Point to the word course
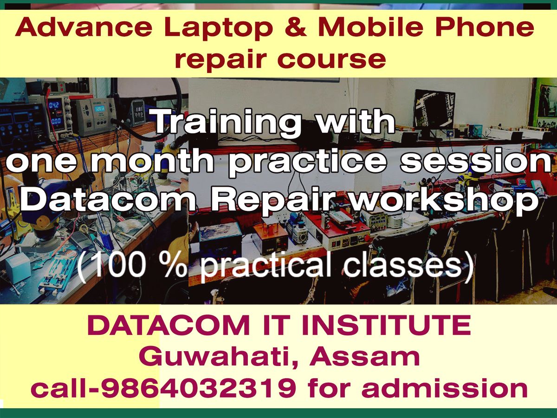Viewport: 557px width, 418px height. click(x=332, y=60)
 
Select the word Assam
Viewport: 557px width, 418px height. click(x=364, y=357)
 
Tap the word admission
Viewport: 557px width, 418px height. click(x=445, y=388)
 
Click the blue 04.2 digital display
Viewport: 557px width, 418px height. click(x=54, y=105)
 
